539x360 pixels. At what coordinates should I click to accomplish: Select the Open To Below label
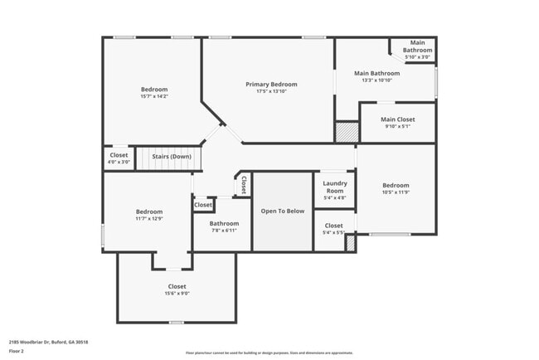283,211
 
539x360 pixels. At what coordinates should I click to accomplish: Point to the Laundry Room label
334,186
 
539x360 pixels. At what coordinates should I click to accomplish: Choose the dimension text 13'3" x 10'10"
377,80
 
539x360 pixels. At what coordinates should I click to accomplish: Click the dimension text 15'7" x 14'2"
153,97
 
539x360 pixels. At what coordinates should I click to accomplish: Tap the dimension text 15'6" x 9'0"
177,294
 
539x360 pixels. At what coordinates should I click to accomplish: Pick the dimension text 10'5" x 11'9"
396,192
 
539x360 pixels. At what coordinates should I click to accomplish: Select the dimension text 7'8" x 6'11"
224,230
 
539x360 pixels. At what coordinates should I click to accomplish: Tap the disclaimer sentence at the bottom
269,353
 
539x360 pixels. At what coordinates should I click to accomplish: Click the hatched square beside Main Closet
346,132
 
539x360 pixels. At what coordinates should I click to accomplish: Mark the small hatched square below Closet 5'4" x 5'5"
350,243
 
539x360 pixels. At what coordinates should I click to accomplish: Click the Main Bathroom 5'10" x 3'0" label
417,50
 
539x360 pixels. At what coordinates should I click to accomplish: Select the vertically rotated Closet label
244,186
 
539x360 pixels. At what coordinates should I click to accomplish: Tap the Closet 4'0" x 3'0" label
119,158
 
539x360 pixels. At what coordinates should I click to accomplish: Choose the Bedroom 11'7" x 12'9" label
149,215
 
